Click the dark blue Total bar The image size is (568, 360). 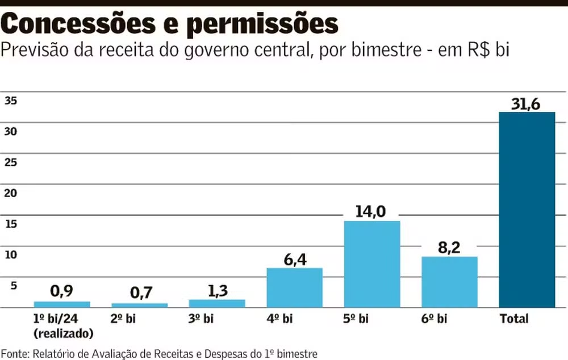527,210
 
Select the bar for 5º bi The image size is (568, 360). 372,264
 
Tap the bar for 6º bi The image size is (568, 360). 449,282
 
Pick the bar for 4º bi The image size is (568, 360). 294,287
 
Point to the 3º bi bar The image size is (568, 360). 217,303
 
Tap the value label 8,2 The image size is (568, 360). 449,248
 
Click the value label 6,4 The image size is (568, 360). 294,259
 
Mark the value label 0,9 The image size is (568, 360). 62,292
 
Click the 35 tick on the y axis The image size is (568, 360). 11,101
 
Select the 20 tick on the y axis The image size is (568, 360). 11,193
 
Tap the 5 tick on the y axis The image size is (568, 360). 14,285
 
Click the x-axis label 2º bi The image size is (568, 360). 124,319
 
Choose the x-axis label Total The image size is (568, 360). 513,319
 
